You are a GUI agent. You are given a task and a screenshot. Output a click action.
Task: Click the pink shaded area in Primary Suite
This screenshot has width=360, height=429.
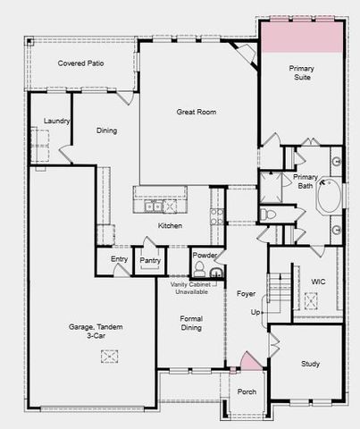(x=302, y=37)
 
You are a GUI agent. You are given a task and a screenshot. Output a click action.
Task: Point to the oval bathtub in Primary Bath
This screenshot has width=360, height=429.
(x=328, y=196)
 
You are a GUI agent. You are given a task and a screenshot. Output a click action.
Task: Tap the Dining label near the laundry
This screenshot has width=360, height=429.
(x=106, y=130)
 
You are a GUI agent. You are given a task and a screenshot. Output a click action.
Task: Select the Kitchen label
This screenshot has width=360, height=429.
(x=170, y=225)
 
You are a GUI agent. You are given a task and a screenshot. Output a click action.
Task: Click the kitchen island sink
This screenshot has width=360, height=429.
(x=157, y=206)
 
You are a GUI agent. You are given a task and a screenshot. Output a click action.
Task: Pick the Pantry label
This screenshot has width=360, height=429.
(x=150, y=261)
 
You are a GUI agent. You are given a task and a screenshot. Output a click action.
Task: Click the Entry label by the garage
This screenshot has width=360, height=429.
(x=119, y=259)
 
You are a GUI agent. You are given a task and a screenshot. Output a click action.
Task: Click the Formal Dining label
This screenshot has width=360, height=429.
(x=191, y=324)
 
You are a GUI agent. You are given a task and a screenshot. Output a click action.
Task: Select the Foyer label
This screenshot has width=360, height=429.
(x=246, y=293)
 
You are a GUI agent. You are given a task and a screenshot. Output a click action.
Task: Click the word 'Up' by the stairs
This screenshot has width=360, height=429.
(x=255, y=313)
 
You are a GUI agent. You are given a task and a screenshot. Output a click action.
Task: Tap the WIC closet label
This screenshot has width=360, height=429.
(x=317, y=282)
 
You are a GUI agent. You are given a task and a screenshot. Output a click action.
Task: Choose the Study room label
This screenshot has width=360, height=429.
(x=310, y=364)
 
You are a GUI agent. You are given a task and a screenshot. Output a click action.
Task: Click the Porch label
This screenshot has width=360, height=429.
(x=247, y=391)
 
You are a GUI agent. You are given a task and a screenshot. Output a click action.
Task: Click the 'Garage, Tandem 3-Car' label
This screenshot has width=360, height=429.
(x=97, y=332)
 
